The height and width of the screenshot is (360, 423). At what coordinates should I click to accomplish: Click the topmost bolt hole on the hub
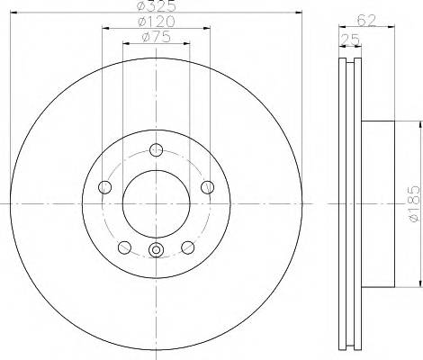point(156,150)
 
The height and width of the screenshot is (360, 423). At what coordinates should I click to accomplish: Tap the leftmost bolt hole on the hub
point(103,187)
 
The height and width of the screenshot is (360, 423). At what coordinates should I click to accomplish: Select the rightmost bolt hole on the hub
point(208,187)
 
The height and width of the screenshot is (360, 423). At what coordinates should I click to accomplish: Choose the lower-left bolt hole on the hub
point(123,247)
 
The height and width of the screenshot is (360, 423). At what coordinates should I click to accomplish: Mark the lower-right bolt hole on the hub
point(188,247)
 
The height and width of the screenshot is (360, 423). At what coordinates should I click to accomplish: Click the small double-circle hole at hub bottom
point(156,251)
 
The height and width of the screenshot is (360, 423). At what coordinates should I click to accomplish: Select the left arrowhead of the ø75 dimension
point(125,45)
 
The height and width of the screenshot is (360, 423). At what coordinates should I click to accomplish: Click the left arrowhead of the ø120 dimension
point(103,28)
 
